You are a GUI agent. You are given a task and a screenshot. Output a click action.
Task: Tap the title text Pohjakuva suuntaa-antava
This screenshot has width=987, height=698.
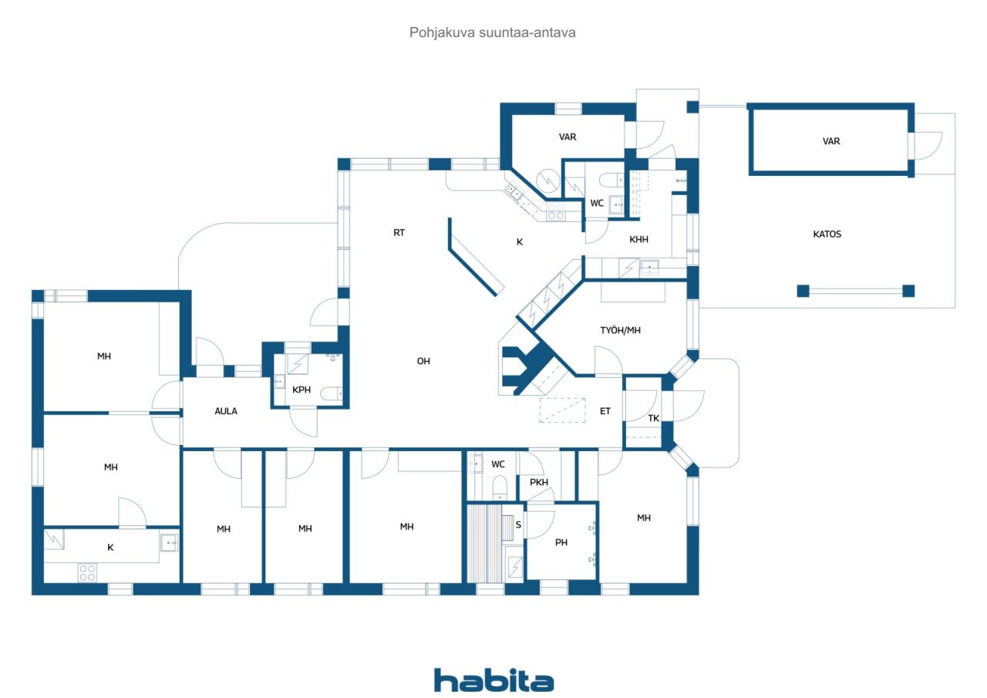pyautogui.click(x=492, y=32)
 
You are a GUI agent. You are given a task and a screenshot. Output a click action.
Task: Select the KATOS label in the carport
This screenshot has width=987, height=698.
pyautogui.click(x=827, y=234)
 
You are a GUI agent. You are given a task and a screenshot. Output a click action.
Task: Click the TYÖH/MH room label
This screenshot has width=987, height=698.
pyautogui.click(x=620, y=330)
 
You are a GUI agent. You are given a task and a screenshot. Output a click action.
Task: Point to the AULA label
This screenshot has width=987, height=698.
pyautogui.click(x=226, y=411)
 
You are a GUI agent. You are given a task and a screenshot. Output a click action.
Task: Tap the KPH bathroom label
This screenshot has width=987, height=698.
pyautogui.click(x=301, y=389)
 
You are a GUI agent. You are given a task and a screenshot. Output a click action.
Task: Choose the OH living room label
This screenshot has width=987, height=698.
pyautogui.click(x=423, y=361)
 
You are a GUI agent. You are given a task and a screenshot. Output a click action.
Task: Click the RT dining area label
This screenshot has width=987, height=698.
pyautogui.click(x=399, y=233)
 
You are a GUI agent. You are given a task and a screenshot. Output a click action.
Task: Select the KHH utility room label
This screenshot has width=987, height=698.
pyautogui.click(x=638, y=239)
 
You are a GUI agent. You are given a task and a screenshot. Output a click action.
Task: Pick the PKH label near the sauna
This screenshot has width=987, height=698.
pyautogui.click(x=539, y=482)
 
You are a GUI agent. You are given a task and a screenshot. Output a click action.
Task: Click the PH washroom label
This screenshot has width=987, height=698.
pyautogui.click(x=561, y=542)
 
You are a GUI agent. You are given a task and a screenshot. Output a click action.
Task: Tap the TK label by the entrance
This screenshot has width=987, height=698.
pyautogui.click(x=653, y=418)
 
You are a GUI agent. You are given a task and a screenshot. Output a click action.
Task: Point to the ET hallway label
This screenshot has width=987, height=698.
pyautogui.click(x=605, y=411)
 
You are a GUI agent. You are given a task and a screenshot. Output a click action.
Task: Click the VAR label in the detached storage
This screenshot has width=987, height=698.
pyautogui.click(x=831, y=141)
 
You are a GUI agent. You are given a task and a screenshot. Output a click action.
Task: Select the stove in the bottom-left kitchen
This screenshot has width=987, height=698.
pyautogui.click(x=87, y=573)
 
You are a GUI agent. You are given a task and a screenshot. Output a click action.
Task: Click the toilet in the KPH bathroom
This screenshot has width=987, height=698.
pyautogui.click(x=331, y=393)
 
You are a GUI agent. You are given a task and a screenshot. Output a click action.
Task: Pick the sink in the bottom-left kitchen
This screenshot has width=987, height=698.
pyautogui.click(x=169, y=542)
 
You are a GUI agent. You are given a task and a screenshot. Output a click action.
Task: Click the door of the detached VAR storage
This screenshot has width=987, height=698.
pyautogui.click(x=928, y=146)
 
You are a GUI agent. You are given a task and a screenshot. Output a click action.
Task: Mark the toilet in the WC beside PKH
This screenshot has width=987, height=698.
pyautogui.click(x=500, y=487)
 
